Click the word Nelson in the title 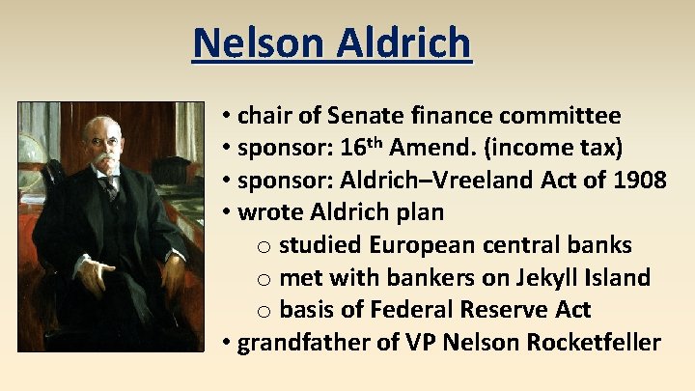(254, 42)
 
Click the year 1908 (637, 181)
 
